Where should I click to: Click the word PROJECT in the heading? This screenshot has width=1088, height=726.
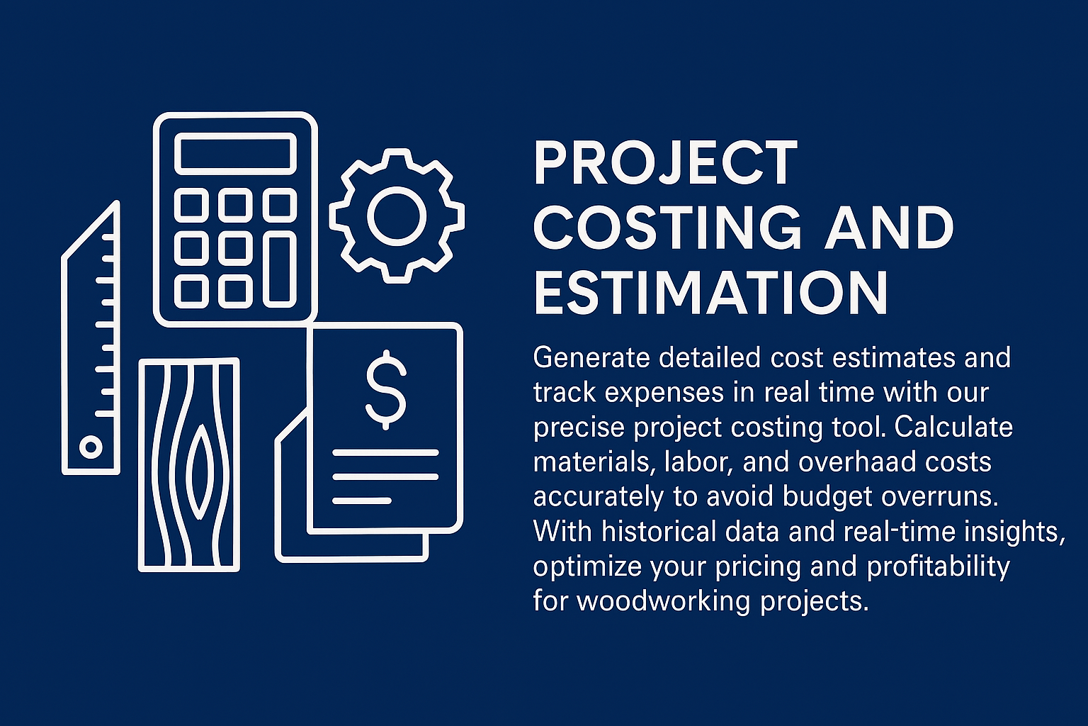665,163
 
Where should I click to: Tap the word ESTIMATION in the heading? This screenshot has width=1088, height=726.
710,294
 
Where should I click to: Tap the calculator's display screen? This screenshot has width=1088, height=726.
236,154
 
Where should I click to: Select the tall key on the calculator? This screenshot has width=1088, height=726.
280,269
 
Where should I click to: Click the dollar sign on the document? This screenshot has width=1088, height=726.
385,389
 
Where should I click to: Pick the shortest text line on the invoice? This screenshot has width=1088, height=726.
362,501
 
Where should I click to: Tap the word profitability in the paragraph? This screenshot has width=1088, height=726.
939,567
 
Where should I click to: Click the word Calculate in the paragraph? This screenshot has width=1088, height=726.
953,427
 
